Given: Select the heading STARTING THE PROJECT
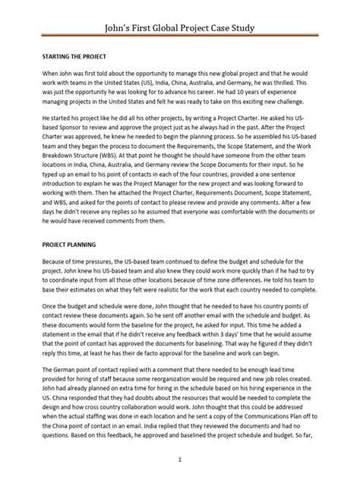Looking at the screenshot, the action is (x=73, y=57).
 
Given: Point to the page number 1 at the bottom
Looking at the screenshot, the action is (x=180, y=460).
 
